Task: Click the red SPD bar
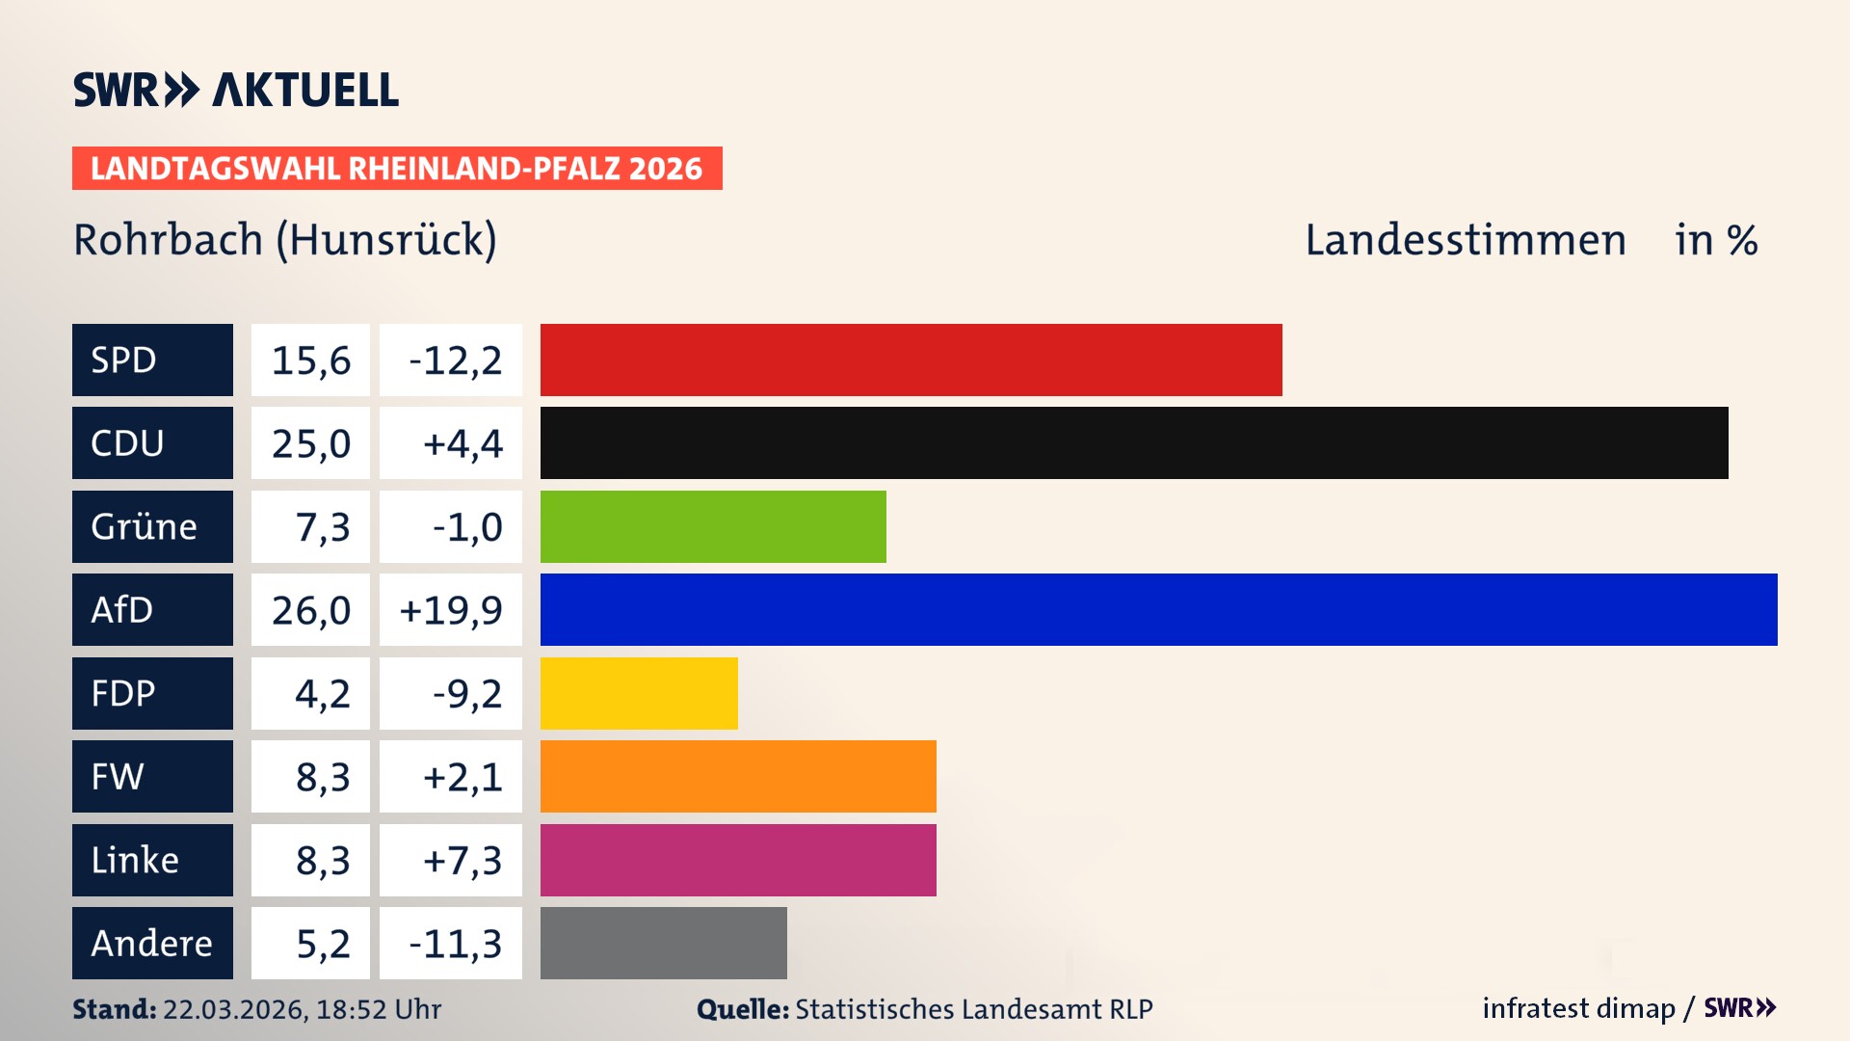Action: (x=911, y=360)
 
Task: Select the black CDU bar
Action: (x=1134, y=443)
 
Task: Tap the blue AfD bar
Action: (x=1158, y=610)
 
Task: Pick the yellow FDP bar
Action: (x=639, y=693)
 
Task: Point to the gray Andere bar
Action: (x=663, y=943)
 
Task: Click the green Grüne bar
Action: (x=713, y=526)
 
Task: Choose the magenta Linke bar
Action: (x=738, y=860)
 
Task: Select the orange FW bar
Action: (x=738, y=777)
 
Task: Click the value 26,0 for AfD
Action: (x=310, y=610)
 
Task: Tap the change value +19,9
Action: (x=451, y=610)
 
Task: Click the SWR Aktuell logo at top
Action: (x=236, y=90)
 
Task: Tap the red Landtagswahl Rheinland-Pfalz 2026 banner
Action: (x=397, y=169)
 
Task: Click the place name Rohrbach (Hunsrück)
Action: (x=285, y=240)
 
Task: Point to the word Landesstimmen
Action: (x=1466, y=240)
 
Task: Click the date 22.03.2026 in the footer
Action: (x=234, y=1009)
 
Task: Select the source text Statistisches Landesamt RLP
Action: (x=973, y=1009)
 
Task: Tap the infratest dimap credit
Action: (x=1577, y=1008)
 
